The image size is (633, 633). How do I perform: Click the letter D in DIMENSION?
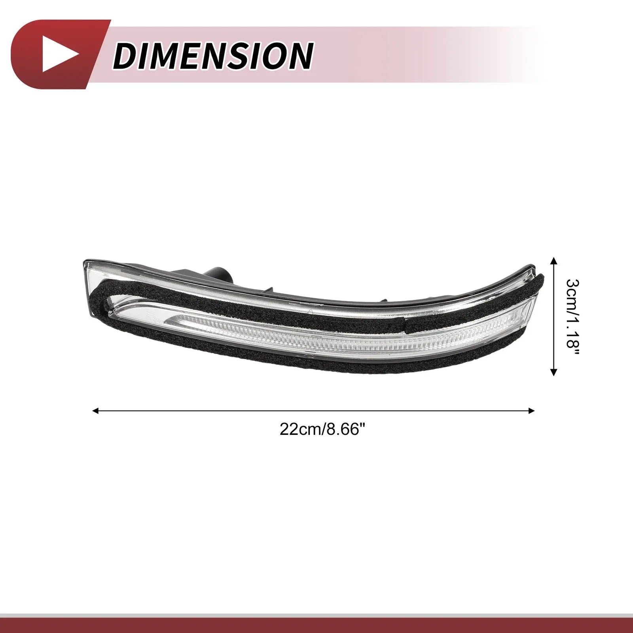pyautogui.click(x=126, y=55)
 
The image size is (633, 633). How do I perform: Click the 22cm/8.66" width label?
pyautogui.click(x=322, y=429)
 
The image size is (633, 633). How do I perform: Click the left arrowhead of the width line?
pyautogui.click(x=95, y=411)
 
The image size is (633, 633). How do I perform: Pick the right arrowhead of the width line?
pyautogui.click(x=531, y=411)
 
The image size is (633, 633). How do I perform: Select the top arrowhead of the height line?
pyautogui.click(x=554, y=260)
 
